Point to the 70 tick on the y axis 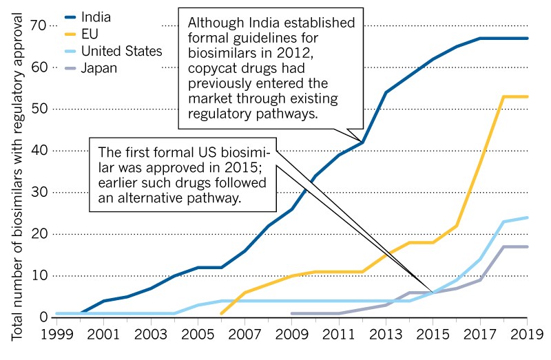tap(38, 25)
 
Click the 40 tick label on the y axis tap(38, 151)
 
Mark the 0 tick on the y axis tap(42, 317)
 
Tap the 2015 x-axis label tap(431, 337)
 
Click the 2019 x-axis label tap(525, 337)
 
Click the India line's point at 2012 tap(361, 142)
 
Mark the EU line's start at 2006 tap(222, 313)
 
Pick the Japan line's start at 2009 tap(292, 313)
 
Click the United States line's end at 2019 tap(527, 218)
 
